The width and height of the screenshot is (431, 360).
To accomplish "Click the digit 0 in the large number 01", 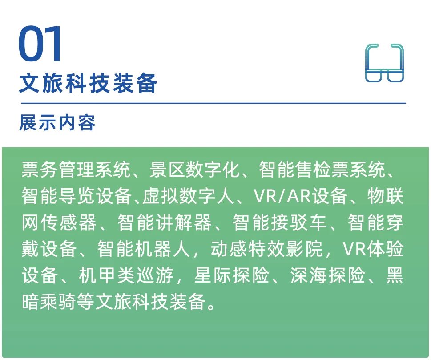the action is [29, 44].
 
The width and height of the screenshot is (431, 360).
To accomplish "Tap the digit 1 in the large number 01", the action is [53, 44].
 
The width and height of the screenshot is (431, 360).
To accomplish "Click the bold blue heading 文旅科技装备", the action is [88, 83].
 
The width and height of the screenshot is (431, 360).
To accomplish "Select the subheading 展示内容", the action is [57, 122].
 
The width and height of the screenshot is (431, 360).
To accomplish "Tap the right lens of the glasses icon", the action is [395, 75].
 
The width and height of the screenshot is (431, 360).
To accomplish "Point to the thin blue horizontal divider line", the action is [213, 103].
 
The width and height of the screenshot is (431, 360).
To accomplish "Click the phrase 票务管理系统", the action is [76, 170].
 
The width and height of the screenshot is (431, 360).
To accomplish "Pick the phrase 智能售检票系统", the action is [322, 170].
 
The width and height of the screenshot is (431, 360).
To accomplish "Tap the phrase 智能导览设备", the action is [77, 196].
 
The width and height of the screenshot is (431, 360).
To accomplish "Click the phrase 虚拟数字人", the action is [188, 196].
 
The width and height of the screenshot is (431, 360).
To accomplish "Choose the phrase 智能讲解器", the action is [165, 222].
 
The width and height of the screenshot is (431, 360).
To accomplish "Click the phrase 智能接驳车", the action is [279, 222].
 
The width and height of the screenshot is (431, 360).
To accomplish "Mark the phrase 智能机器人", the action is [144, 249].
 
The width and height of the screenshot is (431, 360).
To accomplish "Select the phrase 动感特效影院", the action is [266, 249].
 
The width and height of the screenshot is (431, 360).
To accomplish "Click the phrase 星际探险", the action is [231, 275].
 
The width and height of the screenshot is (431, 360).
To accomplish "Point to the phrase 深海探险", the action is [327, 275].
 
